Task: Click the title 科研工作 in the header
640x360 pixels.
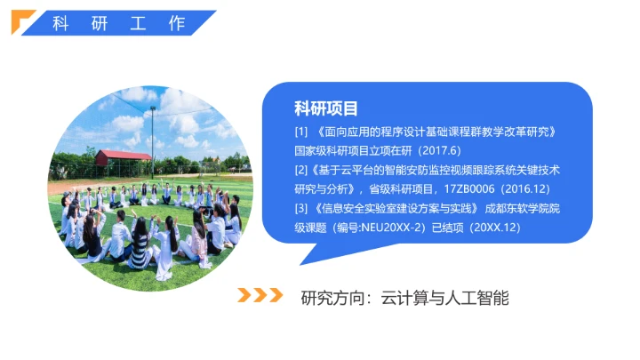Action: click(119, 23)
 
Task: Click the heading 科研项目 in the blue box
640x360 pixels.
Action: click(326, 109)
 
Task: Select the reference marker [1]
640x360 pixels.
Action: click(301, 132)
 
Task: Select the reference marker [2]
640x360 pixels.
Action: click(301, 168)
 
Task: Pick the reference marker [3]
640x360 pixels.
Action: click(301, 210)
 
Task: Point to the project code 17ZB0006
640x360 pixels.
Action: click(461, 188)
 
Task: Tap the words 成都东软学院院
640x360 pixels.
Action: click(528, 210)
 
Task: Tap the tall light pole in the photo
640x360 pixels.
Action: click(153, 138)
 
